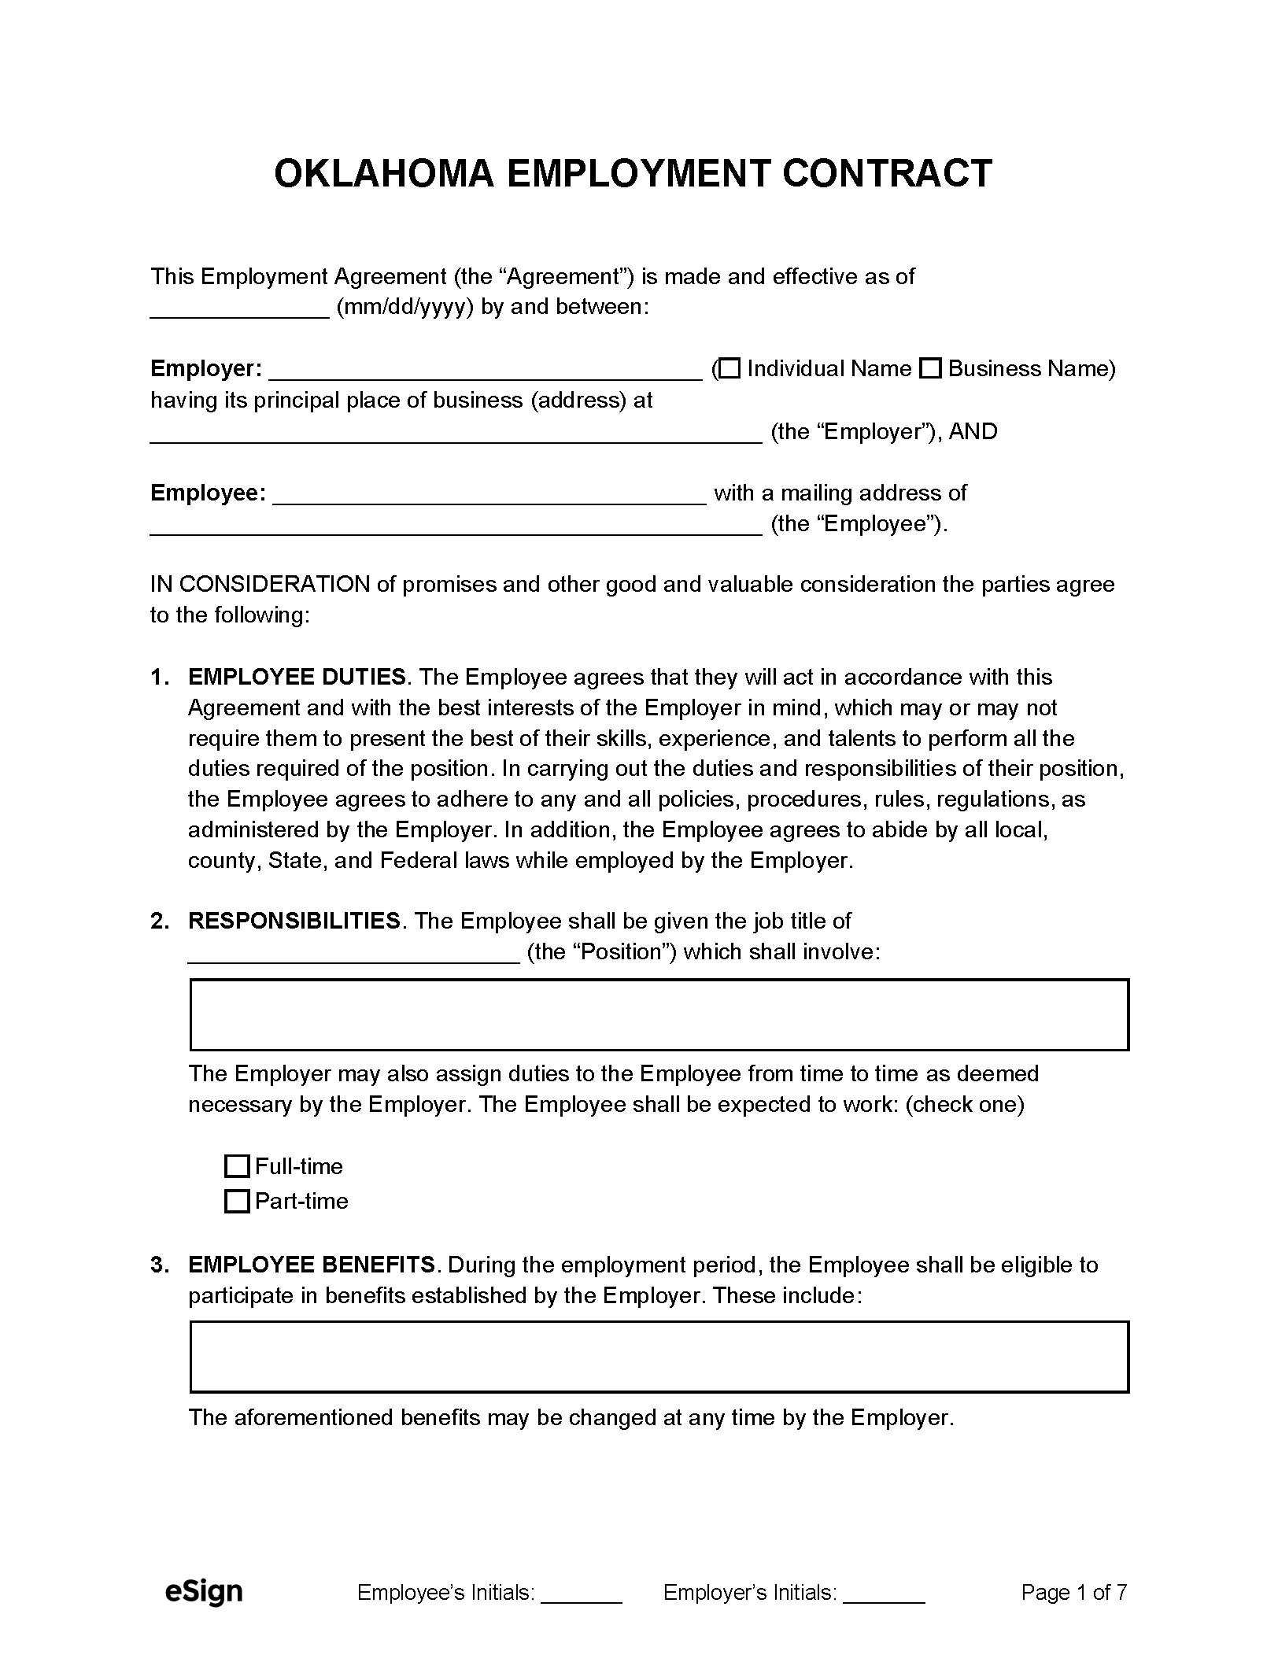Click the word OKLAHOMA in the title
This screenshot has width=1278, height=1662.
(383, 174)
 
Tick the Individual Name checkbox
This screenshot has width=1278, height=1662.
(731, 368)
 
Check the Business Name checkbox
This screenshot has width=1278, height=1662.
(931, 368)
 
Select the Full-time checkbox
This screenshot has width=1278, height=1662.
(236, 1166)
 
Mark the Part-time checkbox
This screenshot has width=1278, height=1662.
(236, 1202)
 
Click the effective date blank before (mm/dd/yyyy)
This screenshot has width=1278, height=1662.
(239, 309)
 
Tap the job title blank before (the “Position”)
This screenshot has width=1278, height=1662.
(353, 954)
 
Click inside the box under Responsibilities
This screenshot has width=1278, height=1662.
(659, 1015)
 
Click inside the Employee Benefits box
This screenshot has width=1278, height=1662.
(659, 1357)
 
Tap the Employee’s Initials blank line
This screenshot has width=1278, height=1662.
(582, 1595)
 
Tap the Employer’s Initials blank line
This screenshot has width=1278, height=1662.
(884, 1595)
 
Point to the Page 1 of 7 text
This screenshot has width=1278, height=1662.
(1073, 1593)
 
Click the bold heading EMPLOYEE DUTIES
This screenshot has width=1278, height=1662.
(297, 678)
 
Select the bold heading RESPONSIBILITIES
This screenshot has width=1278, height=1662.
(294, 921)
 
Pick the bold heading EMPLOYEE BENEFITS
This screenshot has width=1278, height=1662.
(312, 1265)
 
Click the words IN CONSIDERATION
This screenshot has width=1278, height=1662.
(260, 585)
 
